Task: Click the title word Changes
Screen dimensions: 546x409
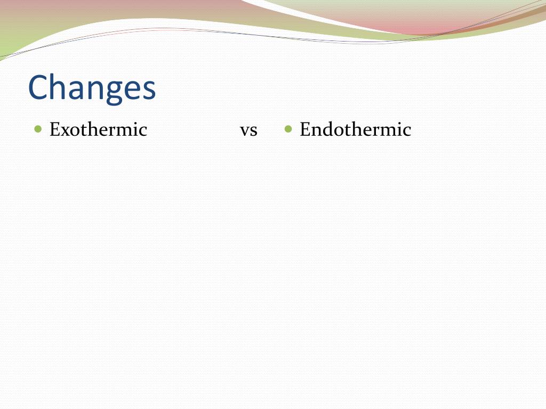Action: pos(92,88)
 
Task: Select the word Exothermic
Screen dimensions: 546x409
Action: pos(98,129)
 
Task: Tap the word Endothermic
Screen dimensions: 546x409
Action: pos(356,129)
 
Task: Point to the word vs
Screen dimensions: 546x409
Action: pos(248,131)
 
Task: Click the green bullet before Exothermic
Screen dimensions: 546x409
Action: pos(38,129)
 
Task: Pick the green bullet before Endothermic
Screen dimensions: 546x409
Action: pos(288,129)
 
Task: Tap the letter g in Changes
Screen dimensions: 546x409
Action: pos(114,92)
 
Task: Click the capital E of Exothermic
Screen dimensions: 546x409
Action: pos(55,129)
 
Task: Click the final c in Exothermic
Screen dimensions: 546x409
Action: pos(143,132)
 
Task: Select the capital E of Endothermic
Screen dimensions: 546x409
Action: pos(305,129)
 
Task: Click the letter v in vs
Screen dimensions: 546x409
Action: pos(245,132)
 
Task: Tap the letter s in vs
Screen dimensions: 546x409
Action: pos(254,132)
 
